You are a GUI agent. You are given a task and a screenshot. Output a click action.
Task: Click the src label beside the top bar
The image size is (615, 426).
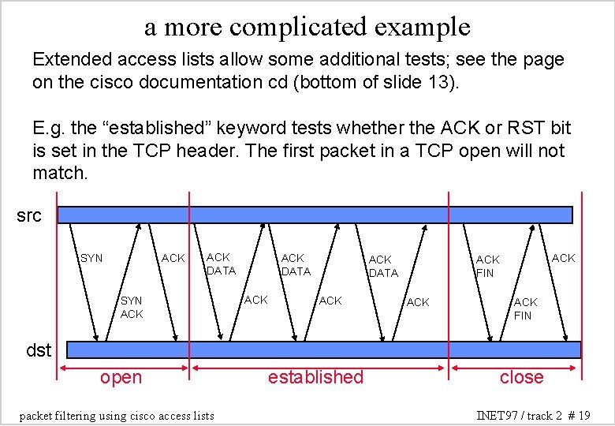[x=29, y=215]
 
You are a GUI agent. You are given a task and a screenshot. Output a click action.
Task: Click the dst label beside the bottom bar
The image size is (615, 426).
[x=39, y=350]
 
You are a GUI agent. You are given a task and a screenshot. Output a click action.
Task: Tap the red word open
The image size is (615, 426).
[x=121, y=377]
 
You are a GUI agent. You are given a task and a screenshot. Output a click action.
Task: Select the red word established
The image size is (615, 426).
[x=315, y=377]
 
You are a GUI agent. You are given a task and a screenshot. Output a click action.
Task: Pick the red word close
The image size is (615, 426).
[x=522, y=377]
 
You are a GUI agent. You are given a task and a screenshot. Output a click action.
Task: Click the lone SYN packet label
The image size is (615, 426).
[x=91, y=258]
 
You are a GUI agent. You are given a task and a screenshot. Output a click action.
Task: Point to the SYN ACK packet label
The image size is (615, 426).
[x=132, y=307]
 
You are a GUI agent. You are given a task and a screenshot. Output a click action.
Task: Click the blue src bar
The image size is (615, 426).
[x=315, y=215]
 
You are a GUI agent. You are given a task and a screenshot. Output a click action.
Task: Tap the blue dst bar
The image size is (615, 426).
[x=323, y=349]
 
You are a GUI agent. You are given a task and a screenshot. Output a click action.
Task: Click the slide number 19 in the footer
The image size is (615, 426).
[x=583, y=415]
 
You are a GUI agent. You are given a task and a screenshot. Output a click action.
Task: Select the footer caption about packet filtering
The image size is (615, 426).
[x=116, y=415]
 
